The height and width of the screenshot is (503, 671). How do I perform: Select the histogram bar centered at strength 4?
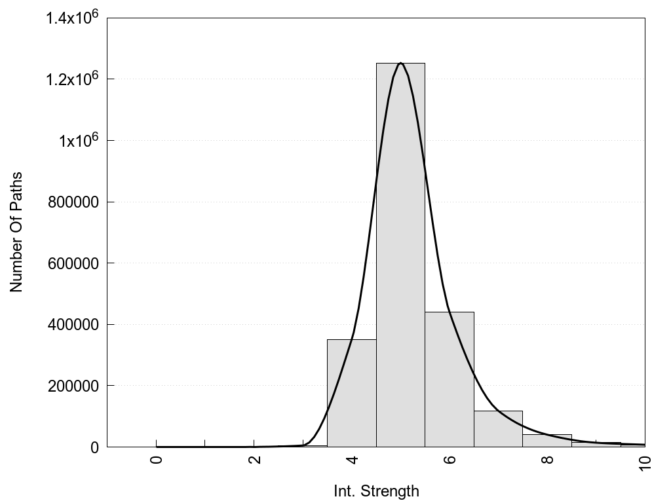coord(351,393)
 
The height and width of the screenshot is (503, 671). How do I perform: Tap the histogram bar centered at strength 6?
coord(450,380)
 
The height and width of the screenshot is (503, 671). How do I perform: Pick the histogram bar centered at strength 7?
coord(498,429)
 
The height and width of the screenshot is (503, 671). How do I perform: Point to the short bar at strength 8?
coord(547,441)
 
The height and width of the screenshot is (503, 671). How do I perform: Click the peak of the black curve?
coord(400,63)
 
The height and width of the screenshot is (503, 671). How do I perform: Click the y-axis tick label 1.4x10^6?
coord(72,18)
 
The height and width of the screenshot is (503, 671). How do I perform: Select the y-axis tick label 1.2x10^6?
coord(72,79)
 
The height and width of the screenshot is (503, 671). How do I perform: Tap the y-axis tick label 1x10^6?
coord(77,141)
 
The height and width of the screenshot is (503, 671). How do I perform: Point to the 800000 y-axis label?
coord(73,202)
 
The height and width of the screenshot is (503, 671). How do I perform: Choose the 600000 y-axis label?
coord(73,264)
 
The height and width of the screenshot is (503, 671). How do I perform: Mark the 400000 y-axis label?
coord(73,325)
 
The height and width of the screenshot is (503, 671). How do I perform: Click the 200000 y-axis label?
coord(73,386)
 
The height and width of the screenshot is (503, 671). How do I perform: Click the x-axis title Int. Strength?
coord(376,491)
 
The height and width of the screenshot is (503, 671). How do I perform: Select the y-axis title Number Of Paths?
coord(16,232)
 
